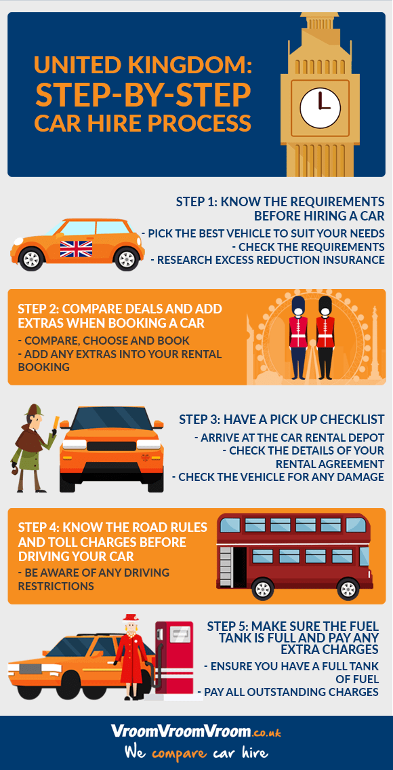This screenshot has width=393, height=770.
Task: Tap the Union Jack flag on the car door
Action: [76, 249]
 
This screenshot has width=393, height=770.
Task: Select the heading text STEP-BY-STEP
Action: [143, 95]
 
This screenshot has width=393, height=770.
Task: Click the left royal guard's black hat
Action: [298, 307]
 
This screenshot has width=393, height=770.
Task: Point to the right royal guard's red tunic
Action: [325, 334]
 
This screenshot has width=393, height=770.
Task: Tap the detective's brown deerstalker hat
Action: [34, 410]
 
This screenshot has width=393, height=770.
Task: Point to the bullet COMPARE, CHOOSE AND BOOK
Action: [104, 341]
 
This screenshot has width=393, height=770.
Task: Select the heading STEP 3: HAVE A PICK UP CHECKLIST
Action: [282, 419]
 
